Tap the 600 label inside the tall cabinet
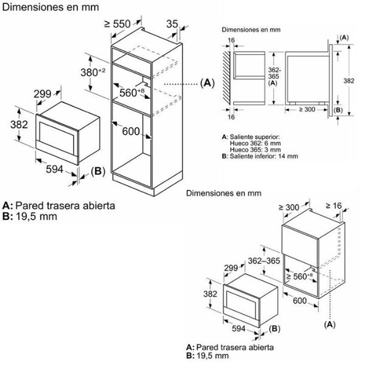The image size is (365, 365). (x=131, y=131)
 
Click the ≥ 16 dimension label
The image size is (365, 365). (x=333, y=206)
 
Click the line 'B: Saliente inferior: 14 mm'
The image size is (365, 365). (x=260, y=156)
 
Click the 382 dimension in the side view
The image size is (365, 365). (x=349, y=81)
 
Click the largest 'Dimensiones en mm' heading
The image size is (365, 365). (x=50, y=7)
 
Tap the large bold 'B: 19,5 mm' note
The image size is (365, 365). (x=30, y=216)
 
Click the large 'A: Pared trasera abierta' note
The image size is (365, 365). (x=59, y=205)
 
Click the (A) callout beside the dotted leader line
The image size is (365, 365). (x=207, y=83)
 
